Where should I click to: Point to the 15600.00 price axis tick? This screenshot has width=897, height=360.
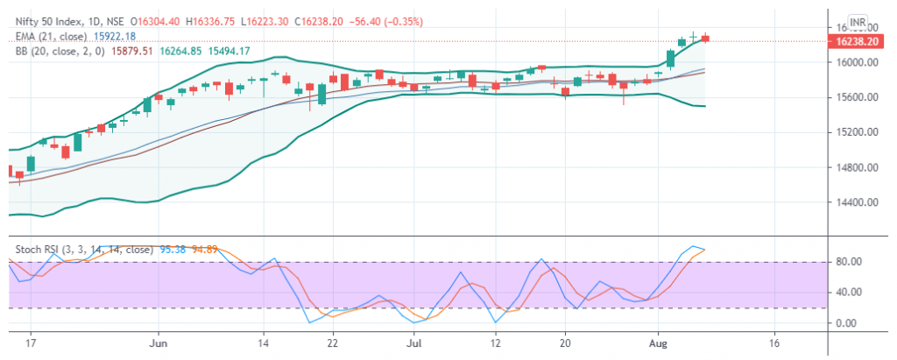pos(854,97)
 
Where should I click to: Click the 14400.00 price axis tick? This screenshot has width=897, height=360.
pos(854,202)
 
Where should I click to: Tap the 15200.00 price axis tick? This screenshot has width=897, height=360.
pos(854,132)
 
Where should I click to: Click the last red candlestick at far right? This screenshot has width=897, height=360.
pos(706,37)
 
